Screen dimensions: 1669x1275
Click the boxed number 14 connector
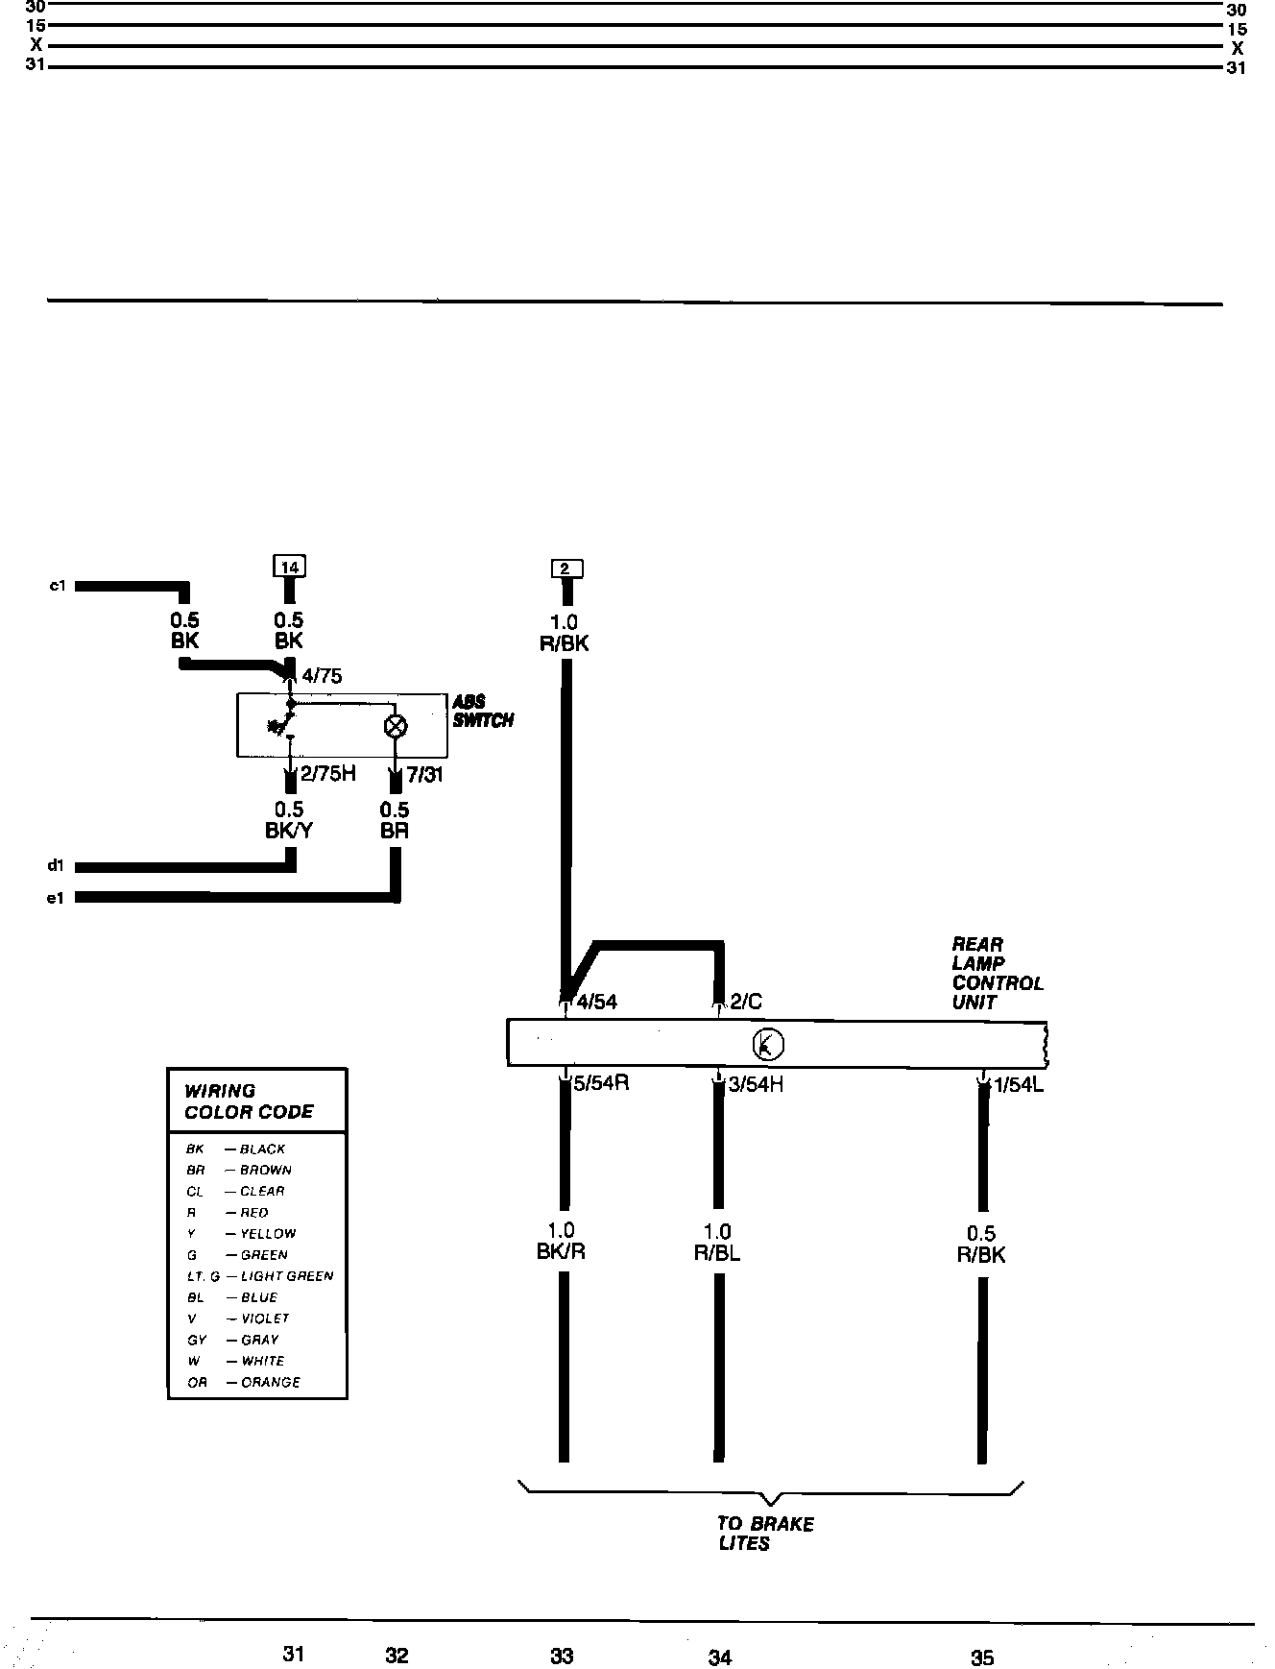click(x=289, y=567)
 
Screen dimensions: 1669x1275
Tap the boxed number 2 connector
click(x=565, y=568)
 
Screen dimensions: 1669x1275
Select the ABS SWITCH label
click(x=483, y=712)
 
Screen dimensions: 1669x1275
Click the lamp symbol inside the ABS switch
click(x=396, y=726)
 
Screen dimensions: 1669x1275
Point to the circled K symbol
click(x=769, y=1044)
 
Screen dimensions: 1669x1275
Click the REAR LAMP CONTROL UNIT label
click(x=997, y=973)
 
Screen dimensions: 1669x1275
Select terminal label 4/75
click(x=321, y=676)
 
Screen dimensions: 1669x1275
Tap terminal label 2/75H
click(x=327, y=774)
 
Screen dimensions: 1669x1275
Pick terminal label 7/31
click(x=424, y=774)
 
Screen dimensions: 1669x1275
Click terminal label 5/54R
click(x=601, y=1084)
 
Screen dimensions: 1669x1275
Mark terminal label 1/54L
click(x=1018, y=1086)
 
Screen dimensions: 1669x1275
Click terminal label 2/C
click(x=746, y=1003)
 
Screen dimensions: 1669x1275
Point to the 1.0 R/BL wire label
click(x=717, y=1243)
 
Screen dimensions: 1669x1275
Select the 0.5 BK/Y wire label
click(x=289, y=820)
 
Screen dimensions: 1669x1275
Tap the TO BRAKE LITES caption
click(x=764, y=1534)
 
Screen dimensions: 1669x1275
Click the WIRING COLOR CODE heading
click(x=249, y=1101)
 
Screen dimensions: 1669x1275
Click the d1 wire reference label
click(x=56, y=866)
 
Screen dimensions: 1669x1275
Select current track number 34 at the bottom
click(x=720, y=1657)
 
